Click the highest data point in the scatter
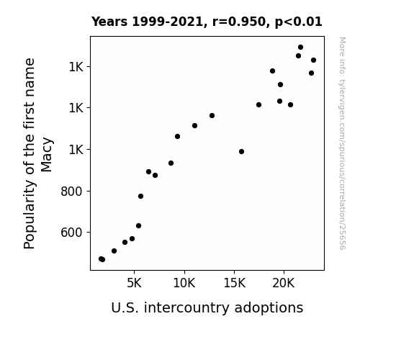tap(300, 48)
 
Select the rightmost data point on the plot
tap(313, 60)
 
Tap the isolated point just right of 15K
tap(241, 152)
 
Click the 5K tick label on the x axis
tap(134, 283)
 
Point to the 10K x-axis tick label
tap(184, 283)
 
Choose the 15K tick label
tap(234, 283)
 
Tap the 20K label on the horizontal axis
tap(284, 283)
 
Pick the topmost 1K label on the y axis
tap(76, 67)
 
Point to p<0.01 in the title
tap(299, 22)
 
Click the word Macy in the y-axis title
tap(47, 155)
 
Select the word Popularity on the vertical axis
tap(29, 215)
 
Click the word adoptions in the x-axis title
tap(269, 307)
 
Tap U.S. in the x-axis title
tap(125, 307)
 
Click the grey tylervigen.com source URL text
tap(342, 144)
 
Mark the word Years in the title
tap(109, 22)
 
